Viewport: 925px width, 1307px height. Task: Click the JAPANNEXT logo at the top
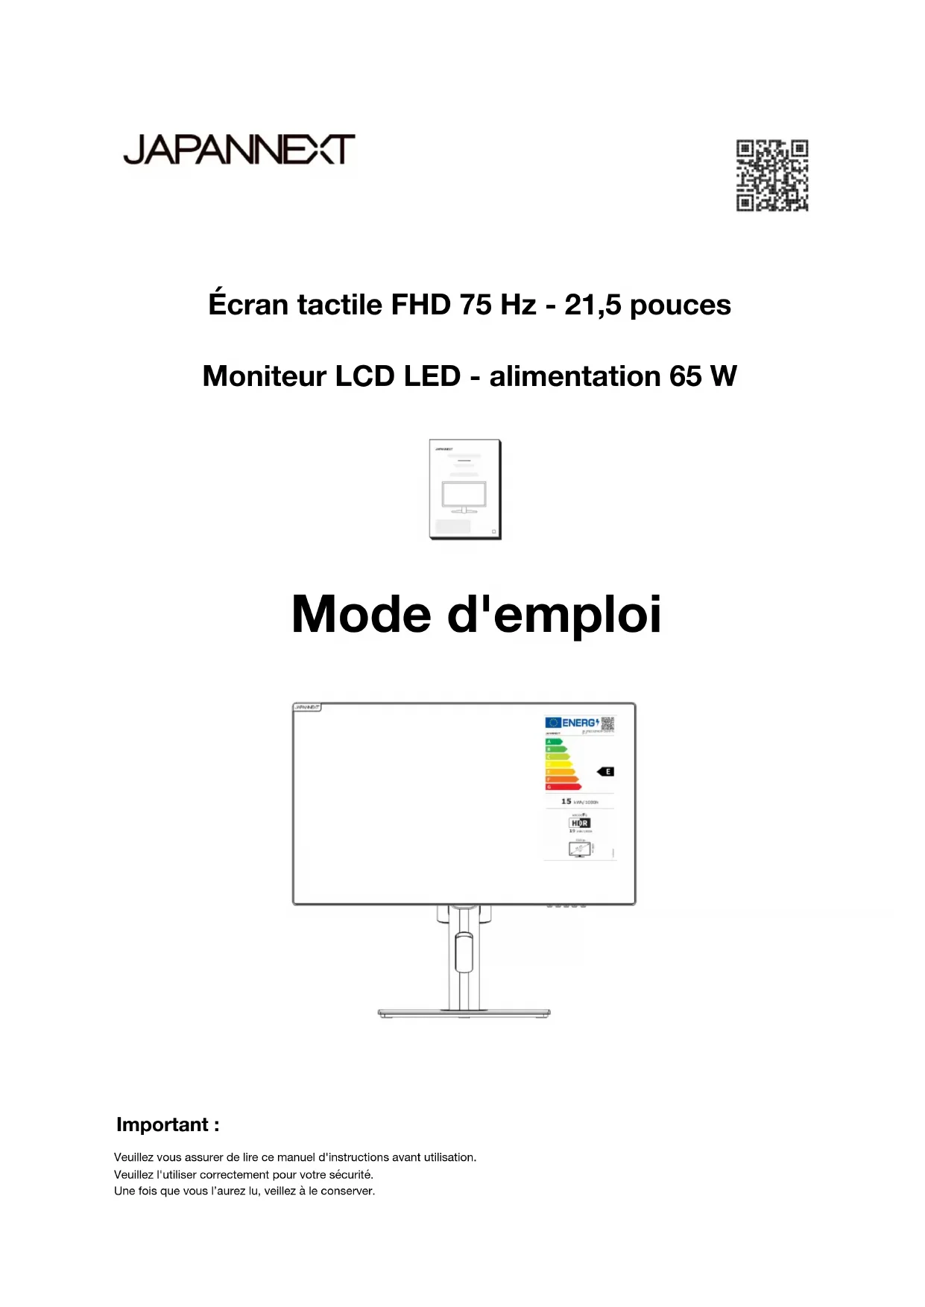coord(239,150)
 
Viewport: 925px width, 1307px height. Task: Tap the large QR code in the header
coord(772,176)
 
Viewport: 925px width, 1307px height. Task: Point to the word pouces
coord(680,306)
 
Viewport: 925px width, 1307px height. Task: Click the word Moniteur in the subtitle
coord(264,376)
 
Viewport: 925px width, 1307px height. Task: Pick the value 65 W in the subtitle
coord(703,376)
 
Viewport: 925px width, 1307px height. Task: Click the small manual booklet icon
coord(465,489)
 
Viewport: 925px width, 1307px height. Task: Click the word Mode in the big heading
coord(361,615)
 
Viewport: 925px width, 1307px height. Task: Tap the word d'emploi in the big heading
coord(554,615)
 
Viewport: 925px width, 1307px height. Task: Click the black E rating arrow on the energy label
coord(606,771)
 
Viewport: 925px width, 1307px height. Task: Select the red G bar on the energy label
coord(563,786)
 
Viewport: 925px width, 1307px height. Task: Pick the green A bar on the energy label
coord(554,741)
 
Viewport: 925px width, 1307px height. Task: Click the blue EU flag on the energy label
coord(552,723)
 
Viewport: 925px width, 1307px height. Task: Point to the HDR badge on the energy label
coord(580,823)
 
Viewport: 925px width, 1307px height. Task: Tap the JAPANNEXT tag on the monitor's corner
coord(306,707)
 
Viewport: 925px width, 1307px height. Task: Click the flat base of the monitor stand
coord(464,1013)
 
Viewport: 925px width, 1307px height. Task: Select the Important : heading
coord(168,1124)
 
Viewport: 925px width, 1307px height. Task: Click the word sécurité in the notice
coord(350,1174)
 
